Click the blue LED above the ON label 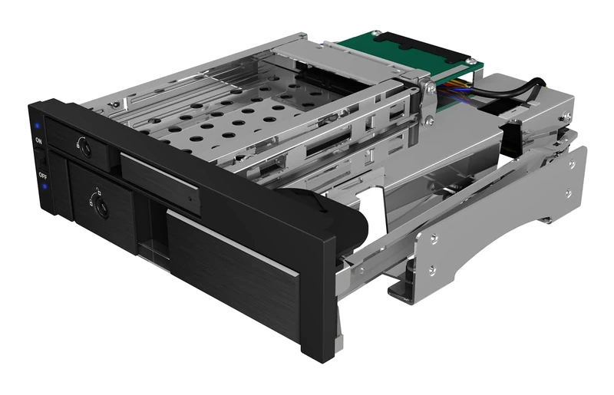[37, 126]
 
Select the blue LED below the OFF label [45, 186]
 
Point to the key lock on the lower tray [98, 205]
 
